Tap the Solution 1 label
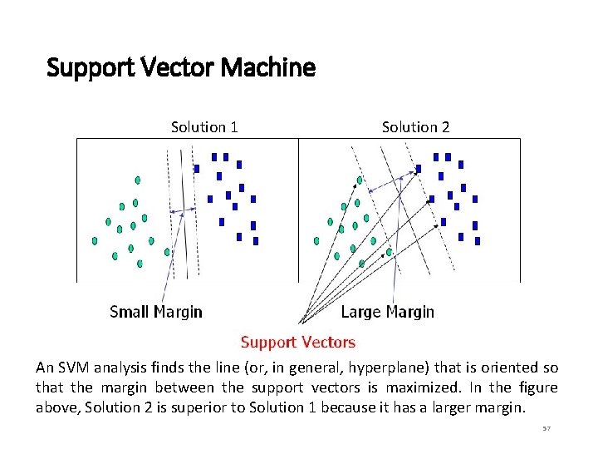pos(204,127)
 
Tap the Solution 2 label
pos(415,127)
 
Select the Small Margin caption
pos(156,312)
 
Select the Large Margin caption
pos(387,312)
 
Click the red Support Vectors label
pos(298,342)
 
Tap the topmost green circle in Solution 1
pos(138,180)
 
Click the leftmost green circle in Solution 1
pos(95,240)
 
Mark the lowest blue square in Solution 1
pos(256,241)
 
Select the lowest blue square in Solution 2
pos(478,241)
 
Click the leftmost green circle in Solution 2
pos(316,241)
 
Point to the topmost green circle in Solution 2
pos(360,180)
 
